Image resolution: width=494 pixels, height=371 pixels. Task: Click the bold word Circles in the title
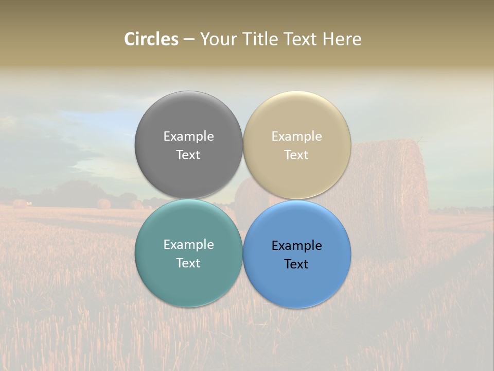pos(151,39)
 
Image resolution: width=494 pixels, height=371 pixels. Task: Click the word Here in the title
pos(342,39)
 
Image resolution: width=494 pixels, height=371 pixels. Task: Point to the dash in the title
pos(188,40)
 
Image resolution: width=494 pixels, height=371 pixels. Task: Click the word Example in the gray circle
pos(188,136)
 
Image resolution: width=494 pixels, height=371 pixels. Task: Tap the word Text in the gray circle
pos(188,155)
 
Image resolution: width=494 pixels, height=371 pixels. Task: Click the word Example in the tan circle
pos(296,136)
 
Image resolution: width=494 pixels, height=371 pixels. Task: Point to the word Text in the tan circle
pos(296,155)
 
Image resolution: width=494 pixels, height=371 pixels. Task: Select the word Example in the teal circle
pos(188,244)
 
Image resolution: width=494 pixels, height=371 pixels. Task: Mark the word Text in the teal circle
pos(188,263)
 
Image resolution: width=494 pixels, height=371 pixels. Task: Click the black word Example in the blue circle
pos(296,245)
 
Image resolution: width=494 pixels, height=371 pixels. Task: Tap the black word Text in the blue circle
pos(296,264)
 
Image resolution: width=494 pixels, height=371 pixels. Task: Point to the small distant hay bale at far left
pos(19,204)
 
